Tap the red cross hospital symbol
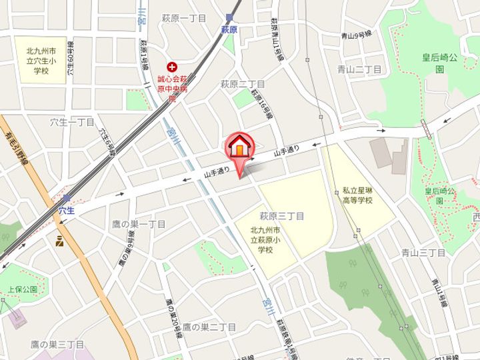coord(173,67)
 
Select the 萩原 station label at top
coord(229,30)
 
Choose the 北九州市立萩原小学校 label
coord(262,240)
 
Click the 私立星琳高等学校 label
coord(357,195)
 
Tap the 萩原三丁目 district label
coord(282,216)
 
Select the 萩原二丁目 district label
coord(243,84)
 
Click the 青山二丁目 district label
coord(359,69)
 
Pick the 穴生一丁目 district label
coord(72,122)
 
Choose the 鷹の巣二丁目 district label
coord(209,327)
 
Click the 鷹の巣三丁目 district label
coord(57,344)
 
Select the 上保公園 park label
coord(23,290)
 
